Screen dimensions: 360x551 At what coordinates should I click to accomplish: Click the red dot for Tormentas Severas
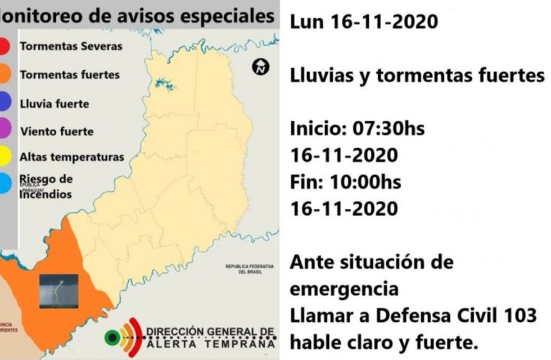pos(4,46)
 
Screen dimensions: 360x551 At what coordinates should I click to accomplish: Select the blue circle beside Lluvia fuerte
pos(4,103)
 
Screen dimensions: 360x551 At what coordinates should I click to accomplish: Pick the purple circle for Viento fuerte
pos(4,129)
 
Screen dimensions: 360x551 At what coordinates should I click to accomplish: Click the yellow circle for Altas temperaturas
pos(4,156)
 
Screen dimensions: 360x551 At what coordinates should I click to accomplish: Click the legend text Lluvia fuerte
pos(54,104)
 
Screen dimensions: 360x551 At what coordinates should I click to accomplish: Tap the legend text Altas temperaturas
pos(71,157)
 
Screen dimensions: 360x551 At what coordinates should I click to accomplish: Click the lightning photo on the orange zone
pos(58,291)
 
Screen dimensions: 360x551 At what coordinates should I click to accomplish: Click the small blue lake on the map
pos(165,84)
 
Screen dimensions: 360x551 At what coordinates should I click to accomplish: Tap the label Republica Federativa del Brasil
pos(249,269)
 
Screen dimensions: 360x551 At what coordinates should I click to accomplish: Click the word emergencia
pos(344,289)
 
